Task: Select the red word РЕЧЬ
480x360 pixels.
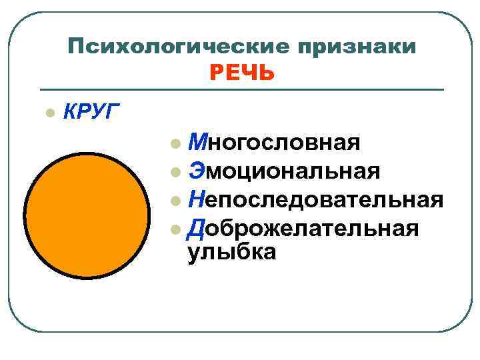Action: [x=241, y=72]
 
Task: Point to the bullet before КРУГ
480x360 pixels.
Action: [x=47, y=111]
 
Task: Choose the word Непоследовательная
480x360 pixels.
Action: [x=315, y=199]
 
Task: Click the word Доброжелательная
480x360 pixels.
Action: [x=303, y=228]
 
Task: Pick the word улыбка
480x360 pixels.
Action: [x=231, y=253]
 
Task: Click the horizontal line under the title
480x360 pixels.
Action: [x=241, y=89]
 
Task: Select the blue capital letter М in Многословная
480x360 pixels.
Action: [x=197, y=142]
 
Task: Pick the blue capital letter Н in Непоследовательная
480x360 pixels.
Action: [x=196, y=199]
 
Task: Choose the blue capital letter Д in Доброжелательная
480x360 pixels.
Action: [x=196, y=229]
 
